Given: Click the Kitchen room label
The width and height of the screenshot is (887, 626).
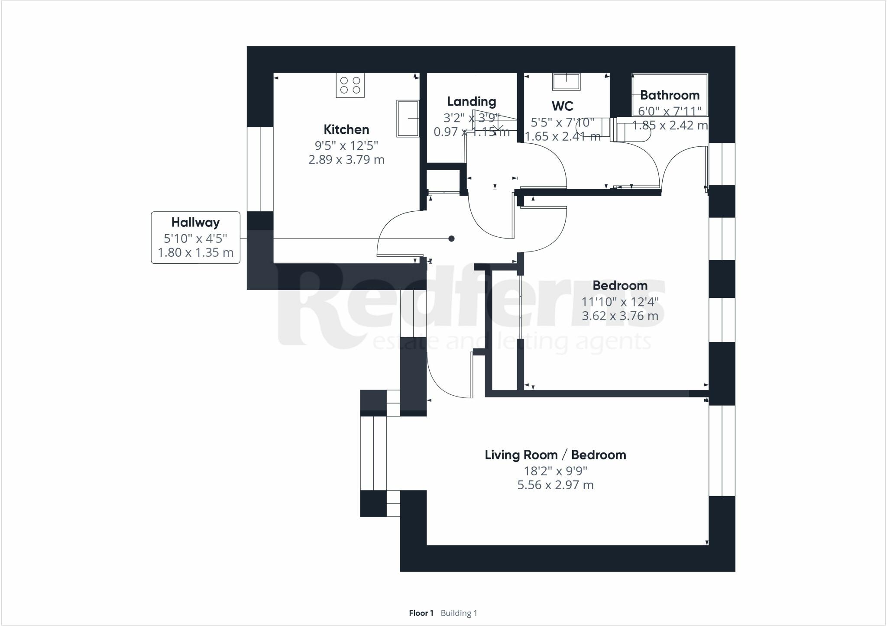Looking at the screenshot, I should pyautogui.click(x=346, y=129).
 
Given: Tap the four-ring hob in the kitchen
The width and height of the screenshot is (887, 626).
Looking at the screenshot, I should pyautogui.click(x=350, y=85).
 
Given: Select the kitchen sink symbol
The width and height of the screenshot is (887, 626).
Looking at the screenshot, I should pyautogui.click(x=408, y=119).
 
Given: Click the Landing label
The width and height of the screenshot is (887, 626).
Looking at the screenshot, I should pyautogui.click(x=471, y=102).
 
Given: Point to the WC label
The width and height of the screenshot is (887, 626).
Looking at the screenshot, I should pyautogui.click(x=562, y=106).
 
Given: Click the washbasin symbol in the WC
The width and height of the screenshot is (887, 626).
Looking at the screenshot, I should pyautogui.click(x=566, y=81).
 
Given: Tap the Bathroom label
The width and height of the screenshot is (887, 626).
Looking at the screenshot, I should pyautogui.click(x=669, y=95).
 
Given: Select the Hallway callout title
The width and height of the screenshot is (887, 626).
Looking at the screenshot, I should pyautogui.click(x=195, y=223).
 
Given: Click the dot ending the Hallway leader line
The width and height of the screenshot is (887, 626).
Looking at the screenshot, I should pyautogui.click(x=451, y=239).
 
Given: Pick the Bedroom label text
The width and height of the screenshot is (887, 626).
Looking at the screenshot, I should pyautogui.click(x=620, y=286).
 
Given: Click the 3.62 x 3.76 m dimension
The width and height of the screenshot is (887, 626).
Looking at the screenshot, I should pyautogui.click(x=620, y=316).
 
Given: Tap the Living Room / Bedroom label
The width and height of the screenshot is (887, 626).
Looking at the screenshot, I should pyautogui.click(x=555, y=455).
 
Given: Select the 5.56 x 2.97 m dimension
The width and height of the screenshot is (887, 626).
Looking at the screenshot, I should pyautogui.click(x=555, y=485).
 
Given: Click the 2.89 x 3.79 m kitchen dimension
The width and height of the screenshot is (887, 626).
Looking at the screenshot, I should pyautogui.click(x=346, y=160).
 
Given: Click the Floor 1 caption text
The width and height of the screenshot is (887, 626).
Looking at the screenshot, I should pyautogui.click(x=421, y=613).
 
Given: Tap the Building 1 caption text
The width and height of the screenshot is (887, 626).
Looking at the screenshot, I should pyautogui.click(x=459, y=613).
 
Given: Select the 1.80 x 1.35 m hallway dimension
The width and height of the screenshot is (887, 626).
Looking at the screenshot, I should pyautogui.click(x=195, y=252).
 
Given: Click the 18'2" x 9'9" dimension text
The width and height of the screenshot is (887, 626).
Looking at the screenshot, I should pyautogui.click(x=555, y=471).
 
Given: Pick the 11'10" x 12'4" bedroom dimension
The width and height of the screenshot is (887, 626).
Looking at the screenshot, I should pyautogui.click(x=620, y=301).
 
